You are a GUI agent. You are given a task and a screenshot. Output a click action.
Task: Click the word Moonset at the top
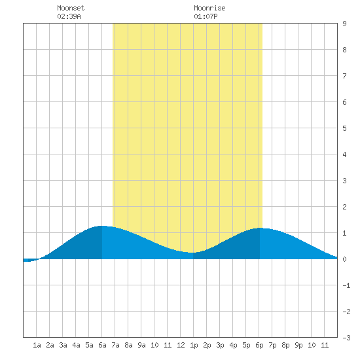click(71, 8)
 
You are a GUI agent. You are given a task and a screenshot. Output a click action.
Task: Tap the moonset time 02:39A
click(69, 16)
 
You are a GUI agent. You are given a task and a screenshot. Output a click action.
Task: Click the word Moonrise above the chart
click(209, 8)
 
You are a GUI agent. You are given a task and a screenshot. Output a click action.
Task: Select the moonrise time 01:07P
click(206, 16)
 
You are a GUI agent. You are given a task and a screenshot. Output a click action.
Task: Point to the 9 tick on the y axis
click(344, 24)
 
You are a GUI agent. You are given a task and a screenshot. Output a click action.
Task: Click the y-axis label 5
click(344, 128)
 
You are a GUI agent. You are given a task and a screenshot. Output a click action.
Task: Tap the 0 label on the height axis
click(344, 259)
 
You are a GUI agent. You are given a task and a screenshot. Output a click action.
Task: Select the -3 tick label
click(346, 338)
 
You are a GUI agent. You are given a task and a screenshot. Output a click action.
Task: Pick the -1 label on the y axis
click(346, 285)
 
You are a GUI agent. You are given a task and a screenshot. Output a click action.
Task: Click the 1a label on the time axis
click(37, 345)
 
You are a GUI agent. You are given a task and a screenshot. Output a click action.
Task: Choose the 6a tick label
click(102, 345)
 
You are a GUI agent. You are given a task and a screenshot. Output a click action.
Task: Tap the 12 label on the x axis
click(181, 345)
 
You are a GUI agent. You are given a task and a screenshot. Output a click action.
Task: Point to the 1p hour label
click(194, 345)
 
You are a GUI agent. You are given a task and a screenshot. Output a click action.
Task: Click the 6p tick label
click(259, 345)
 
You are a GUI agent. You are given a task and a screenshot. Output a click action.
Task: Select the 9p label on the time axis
click(298, 345)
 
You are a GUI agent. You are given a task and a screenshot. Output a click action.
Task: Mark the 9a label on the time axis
click(141, 345)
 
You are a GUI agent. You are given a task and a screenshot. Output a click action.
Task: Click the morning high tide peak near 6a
click(101, 226)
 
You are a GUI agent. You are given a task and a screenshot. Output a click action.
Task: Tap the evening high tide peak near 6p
click(260, 228)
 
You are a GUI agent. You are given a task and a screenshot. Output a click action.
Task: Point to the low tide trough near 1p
click(192, 253)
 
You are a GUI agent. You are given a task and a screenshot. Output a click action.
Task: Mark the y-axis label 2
click(344, 207)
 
